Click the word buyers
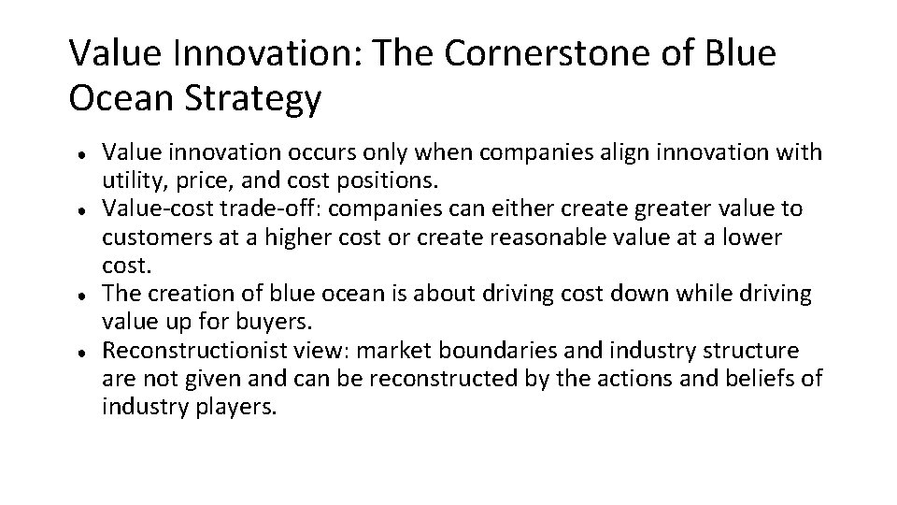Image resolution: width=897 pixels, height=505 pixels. (278, 321)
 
